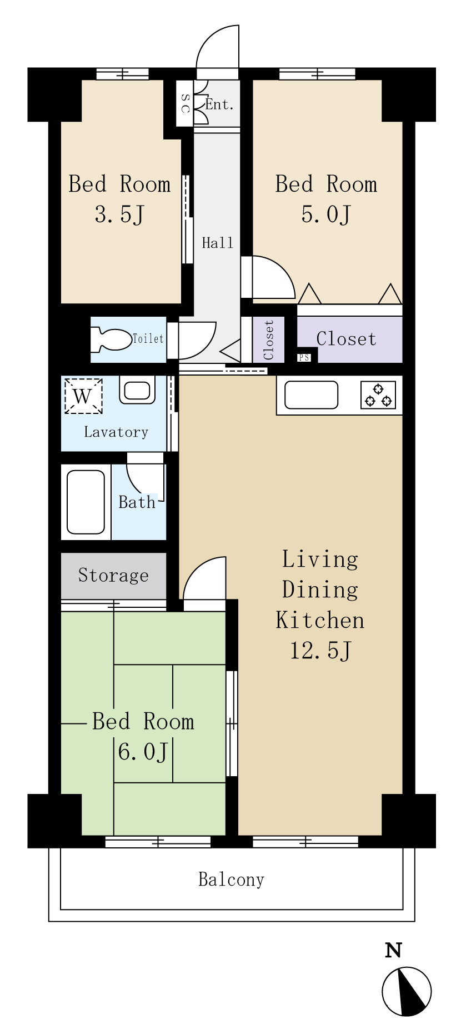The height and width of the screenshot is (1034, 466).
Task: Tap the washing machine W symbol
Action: [83, 396]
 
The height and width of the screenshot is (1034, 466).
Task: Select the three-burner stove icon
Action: [378, 395]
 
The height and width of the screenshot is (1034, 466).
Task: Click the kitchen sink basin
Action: [311, 395]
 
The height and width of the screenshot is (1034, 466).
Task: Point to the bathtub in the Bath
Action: [86, 502]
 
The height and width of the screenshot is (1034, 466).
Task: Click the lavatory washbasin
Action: [136, 391]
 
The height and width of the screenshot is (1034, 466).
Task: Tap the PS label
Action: [304, 357]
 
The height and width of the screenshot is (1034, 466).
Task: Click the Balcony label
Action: [232, 880]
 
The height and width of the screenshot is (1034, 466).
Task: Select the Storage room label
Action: [113, 575]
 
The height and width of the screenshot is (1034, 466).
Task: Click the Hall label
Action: [218, 242]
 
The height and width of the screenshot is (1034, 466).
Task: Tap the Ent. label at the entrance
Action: [219, 104]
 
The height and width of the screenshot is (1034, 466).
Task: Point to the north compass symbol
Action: [407, 992]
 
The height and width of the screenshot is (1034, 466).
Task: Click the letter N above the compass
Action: [393, 950]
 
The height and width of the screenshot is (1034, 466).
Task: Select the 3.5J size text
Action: [119, 214]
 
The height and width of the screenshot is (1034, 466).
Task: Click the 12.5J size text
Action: [320, 650]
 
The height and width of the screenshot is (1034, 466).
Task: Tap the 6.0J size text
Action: [143, 752]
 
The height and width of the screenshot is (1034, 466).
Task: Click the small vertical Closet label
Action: [269, 339]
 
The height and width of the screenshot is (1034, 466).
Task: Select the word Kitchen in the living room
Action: [320, 620]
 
